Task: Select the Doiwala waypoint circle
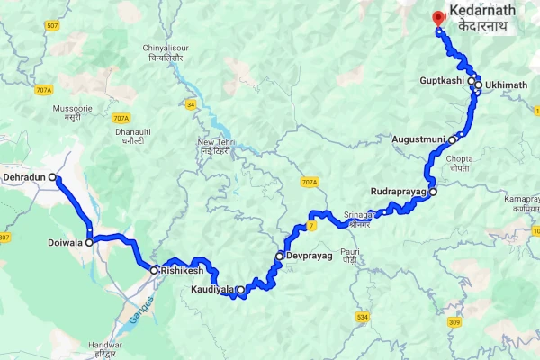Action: [89, 242]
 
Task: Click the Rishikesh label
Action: [184, 270]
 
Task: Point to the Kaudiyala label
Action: [211, 290]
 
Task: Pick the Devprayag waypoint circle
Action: [280, 256]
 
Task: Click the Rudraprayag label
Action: [399, 192]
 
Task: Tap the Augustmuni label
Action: [419, 139]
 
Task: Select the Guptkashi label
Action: [442, 81]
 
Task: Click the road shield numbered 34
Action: [190, 104]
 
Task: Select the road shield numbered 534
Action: [362, 318]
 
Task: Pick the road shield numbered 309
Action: [454, 322]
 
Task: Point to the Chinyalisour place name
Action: [163, 48]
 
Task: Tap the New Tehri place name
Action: [217, 142]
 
